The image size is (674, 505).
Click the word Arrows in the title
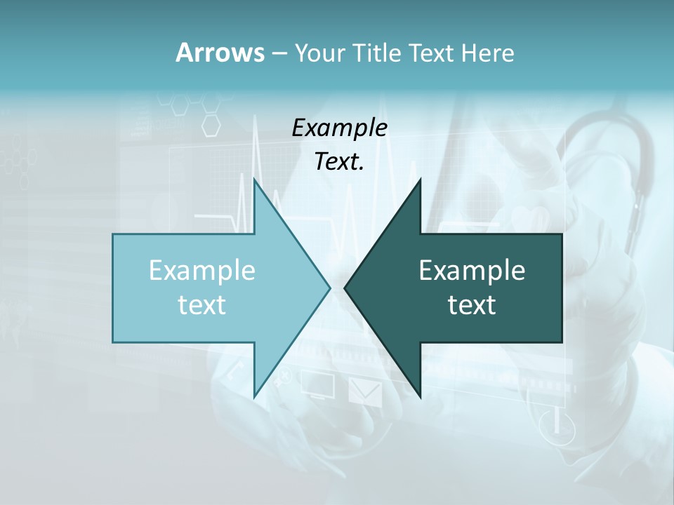pyautogui.click(x=220, y=53)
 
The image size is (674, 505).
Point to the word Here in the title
pyautogui.click(x=488, y=53)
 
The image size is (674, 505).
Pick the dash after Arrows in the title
pyautogui.click(x=279, y=54)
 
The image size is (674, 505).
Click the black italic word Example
pyautogui.click(x=339, y=128)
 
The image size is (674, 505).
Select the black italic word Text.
pyautogui.click(x=339, y=161)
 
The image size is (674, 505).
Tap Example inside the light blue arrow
pyautogui.click(x=202, y=271)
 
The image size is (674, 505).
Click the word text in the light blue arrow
pyautogui.click(x=202, y=304)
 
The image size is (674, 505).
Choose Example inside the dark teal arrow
pyautogui.click(x=472, y=271)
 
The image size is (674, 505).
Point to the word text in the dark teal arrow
pyautogui.click(x=472, y=304)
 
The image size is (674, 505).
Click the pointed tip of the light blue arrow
pyautogui.click(x=329, y=288)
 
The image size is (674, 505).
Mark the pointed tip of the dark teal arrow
pyautogui.click(x=345, y=288)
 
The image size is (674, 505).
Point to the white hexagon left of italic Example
pyautogui.click(x=211, y=125)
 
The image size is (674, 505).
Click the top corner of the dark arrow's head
pyautogui.click(x=421, y=180)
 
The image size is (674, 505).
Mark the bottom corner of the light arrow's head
pyautogui.click(x=254, y=396)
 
